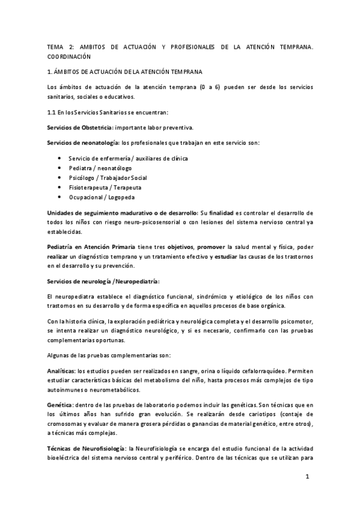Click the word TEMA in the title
(x=55, y=46)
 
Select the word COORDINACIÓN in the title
(x=69, y=57)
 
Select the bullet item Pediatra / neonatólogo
(x=100, y=168)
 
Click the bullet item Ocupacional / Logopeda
(x=102, y=197)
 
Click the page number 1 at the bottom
(x=307, y=477)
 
